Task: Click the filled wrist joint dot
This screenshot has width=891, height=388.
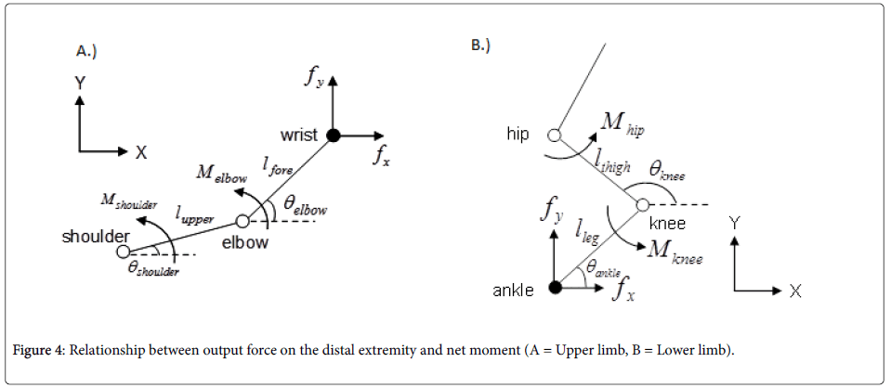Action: pos(334,135)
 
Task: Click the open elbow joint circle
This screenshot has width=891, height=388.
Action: pos(242,221)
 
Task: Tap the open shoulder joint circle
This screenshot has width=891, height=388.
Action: pos(123,251)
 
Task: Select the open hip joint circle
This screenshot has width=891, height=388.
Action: pos(555,135)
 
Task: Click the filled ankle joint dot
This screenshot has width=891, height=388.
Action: pos(555,288)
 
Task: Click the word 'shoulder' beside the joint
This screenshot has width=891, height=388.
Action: pos(95,237)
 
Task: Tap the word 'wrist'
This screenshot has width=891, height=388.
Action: pos(299,135)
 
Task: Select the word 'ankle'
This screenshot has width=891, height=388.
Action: pos(513,291)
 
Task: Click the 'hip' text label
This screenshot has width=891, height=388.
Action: pos(518,135)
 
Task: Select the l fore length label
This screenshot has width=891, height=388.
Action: pos(276,165)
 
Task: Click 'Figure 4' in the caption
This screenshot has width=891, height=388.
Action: pos(41,350)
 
